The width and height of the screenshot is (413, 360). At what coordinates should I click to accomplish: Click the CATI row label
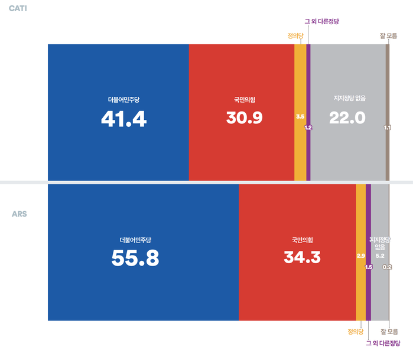point(18,9)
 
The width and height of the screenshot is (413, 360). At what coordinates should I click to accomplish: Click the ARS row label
point(19,214)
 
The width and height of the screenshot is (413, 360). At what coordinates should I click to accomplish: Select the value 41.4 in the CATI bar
point(123,119)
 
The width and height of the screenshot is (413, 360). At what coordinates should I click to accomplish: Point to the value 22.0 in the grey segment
point(348,118)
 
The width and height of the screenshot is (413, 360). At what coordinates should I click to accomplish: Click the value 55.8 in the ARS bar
point(135,258)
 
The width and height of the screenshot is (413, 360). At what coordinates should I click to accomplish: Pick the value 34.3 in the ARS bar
point(302,257)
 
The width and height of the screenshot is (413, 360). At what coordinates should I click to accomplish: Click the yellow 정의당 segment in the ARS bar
point(360,289)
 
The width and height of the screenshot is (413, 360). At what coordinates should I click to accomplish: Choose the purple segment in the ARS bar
point(368,289)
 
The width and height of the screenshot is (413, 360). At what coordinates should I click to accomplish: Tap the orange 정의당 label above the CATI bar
point(295,35)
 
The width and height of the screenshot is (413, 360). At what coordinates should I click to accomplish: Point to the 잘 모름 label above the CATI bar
point(388,35)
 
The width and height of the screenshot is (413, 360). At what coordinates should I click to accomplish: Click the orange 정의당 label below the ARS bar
point(356,331)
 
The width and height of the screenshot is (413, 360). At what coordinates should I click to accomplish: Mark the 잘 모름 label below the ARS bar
point(389,331)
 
